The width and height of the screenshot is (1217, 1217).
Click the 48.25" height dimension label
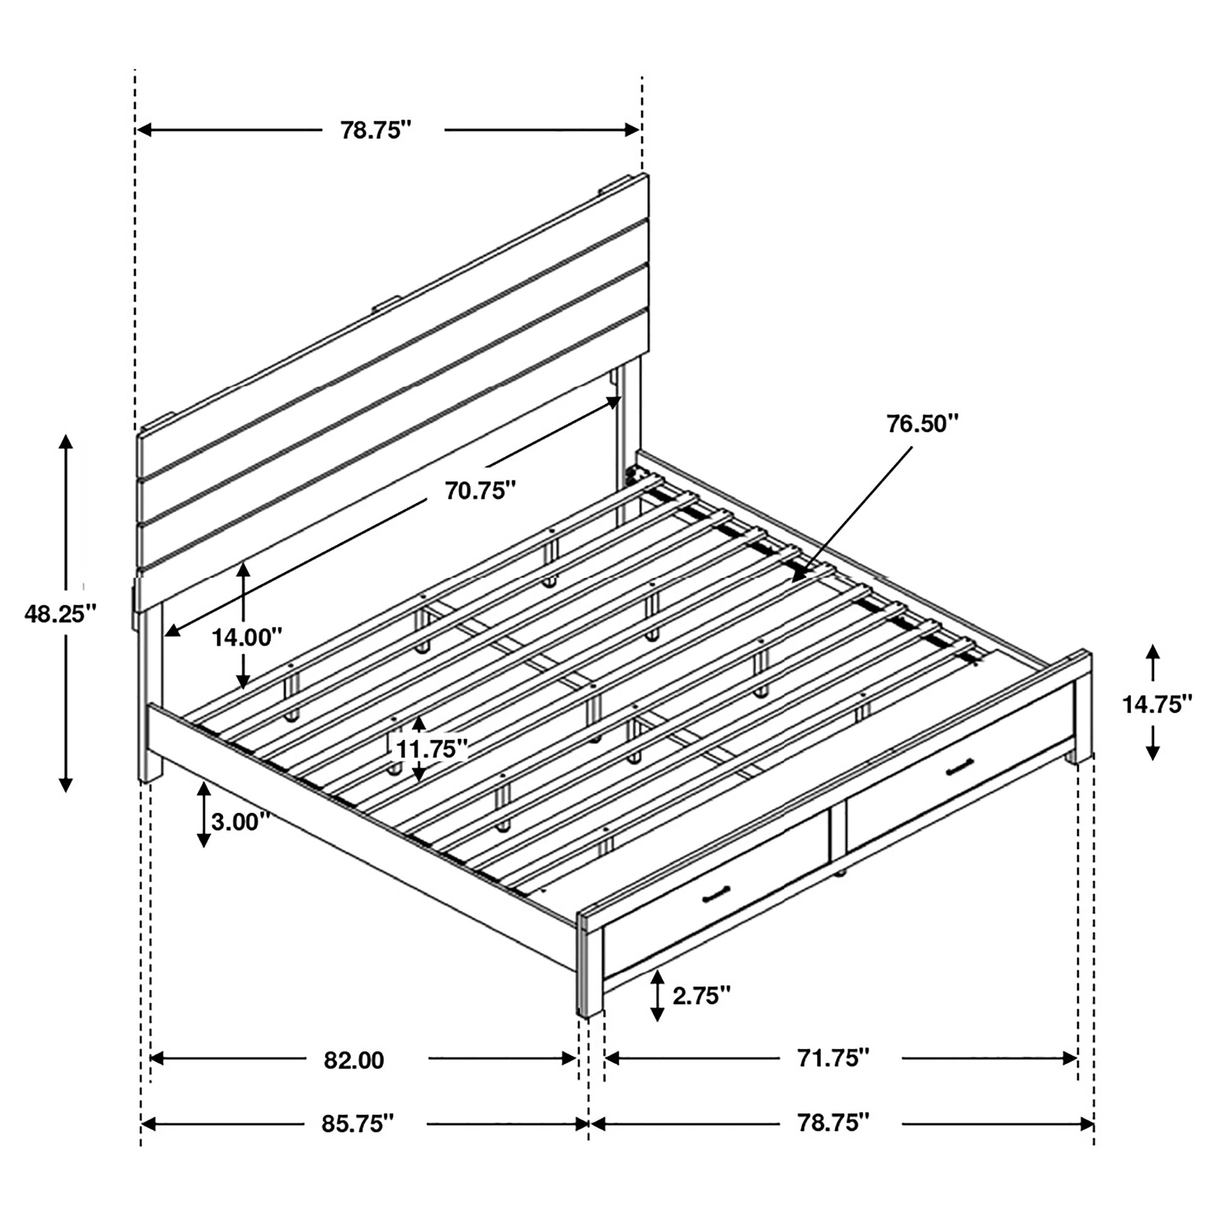pos(60,613)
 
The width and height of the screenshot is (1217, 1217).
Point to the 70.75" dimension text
pos(480,490)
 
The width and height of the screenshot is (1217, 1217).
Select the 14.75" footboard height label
pos(1157,704)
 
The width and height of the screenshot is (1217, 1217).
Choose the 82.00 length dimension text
pos(354,1061)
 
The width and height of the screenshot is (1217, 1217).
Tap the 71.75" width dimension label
pos(833,1058)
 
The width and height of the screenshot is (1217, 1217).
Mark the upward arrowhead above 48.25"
pos(66,441)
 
